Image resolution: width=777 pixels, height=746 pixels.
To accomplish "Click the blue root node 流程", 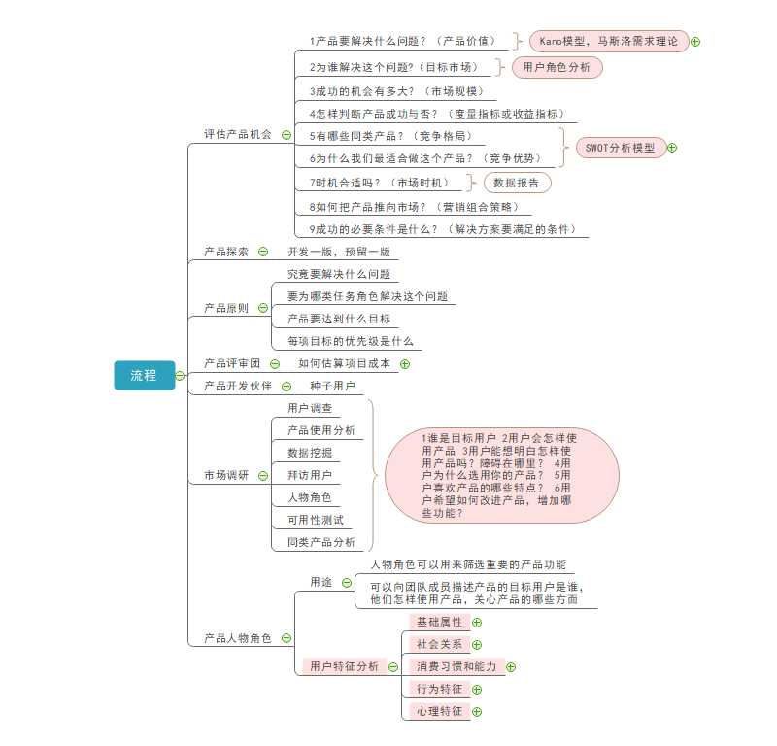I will (x=144, y=375).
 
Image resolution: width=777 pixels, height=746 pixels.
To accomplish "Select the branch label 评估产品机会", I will (x=238, y=134).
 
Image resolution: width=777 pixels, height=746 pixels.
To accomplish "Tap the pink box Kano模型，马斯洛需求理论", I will (x=609, y=41).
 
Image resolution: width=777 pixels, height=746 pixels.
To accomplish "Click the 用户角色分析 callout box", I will (x=556, y=67).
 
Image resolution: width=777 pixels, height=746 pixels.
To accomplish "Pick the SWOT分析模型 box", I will (x=620, y=148).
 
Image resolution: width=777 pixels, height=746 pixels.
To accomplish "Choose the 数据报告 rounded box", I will (x=518, y=182).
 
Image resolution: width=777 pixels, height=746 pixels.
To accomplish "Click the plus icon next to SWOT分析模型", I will (x=672, y=148).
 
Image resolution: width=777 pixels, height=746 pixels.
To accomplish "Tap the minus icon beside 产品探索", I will (x=263, y=252).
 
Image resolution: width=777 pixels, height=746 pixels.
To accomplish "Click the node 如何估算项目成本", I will (x=344, y=363).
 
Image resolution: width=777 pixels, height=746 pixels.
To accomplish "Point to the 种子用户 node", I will (x=332, y=386).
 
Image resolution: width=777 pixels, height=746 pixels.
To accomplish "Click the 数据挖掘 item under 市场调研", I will (x=309, y=453).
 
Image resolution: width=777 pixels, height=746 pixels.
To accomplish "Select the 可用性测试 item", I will (x=315, y=520).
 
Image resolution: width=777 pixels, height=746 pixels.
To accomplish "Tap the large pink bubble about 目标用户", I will (x=501, y=474).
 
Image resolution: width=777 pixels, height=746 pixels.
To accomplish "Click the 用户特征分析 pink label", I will (x=344, y=666).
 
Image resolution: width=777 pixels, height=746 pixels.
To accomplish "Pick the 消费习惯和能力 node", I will (x=456, y=666).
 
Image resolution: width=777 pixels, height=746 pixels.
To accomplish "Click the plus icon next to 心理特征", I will (x=477, y=712).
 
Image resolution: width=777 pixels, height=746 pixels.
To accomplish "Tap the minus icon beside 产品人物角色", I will (x=287, y=638).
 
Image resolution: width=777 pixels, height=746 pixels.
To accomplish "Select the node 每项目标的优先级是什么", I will (x=350, y=341).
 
